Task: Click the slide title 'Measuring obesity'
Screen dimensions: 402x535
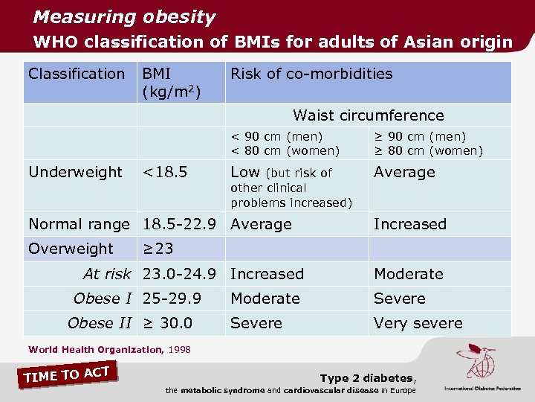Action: click(x=124, y=17)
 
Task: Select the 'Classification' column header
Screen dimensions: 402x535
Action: click(x=77, y=74)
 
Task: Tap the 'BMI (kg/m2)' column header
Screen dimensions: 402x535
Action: click(x=172, y=82)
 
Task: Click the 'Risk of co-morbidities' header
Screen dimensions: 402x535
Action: click(x=311, y=74)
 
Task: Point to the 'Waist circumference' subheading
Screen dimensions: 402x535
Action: click(x=368, y=115)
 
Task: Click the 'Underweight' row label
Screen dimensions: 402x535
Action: click(x=75, y=172)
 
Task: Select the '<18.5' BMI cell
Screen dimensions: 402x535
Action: click(x=165, y=172)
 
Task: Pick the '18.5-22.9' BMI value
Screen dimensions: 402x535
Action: click(x=180, y=224)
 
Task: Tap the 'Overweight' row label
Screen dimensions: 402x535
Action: click(x=71, y=249)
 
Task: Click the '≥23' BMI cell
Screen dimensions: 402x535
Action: click(x=158, y=249)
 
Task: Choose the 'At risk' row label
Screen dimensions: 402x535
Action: click(x=107, y=274)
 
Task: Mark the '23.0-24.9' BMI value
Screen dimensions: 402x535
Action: click(x=180, y=274)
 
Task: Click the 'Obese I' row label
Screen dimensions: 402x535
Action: click(x=103, y=299)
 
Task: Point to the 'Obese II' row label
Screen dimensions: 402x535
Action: click(x=99, y=323)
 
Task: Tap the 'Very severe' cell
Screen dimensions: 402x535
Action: click(x=418, y=323)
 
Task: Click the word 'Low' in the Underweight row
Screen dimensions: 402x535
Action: click(x=245, y=172)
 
